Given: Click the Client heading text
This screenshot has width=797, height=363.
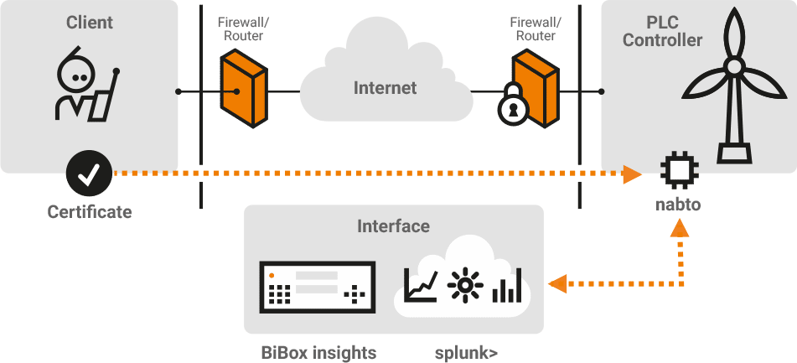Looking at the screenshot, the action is (90, 23).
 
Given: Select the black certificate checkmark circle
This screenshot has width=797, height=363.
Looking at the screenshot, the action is (90, 174).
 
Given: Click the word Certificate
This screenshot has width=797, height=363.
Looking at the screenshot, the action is (90, 211).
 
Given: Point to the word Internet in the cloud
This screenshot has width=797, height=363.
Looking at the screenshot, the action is (385, 88).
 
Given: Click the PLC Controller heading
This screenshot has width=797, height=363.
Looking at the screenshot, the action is (662, 31).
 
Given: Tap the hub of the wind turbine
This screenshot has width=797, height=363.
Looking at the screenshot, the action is (733, 67).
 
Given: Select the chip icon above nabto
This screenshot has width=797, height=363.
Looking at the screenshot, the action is (679, 170).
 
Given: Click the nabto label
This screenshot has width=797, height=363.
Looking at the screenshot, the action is (678, 205).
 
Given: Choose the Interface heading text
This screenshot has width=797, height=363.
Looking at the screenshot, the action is (393, 226).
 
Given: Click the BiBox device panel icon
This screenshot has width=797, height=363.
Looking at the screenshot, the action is (318, 288).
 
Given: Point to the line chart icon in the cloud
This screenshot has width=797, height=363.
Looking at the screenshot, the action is (421, 286).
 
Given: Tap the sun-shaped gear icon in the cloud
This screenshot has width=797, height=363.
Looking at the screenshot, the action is (464, 286).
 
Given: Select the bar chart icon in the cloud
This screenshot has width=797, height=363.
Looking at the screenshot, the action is (507, 286).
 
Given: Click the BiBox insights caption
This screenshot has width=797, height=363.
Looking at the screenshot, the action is (318, 352).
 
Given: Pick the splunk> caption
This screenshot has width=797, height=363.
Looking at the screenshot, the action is (466, 353).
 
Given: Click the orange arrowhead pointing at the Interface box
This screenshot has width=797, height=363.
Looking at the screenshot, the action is (558, 283).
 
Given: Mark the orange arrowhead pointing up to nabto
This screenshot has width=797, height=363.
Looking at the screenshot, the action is (679, 228).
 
